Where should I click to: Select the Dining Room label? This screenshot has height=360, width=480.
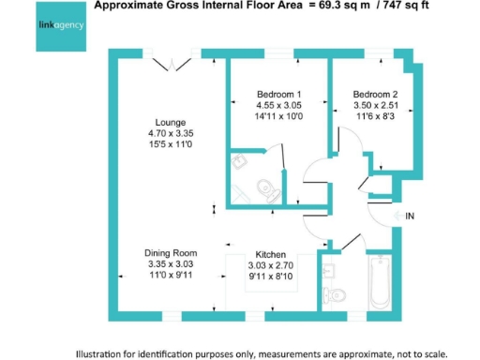click(x=171, y=253)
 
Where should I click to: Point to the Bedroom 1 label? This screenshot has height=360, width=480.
click(x=278, y=95)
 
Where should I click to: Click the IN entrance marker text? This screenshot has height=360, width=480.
click(x=410, y=217)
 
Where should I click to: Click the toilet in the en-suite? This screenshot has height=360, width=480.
click(x=264, y=183)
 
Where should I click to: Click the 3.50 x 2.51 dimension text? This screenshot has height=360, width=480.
click(x=375, y=106)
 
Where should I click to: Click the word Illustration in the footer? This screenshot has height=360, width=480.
click(x=103, y=353)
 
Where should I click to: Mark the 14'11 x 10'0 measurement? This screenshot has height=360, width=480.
click(x=278, y=117)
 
